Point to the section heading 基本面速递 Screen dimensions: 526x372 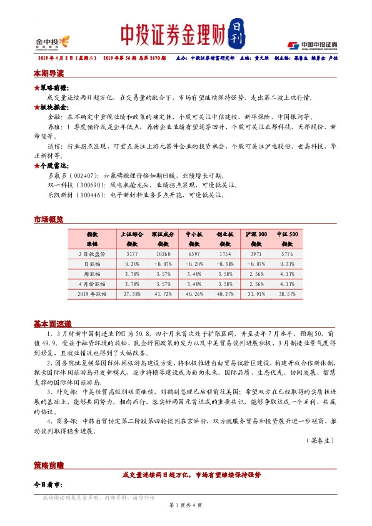[x=53, y=324]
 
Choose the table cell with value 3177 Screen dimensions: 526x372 [x=132, y=255]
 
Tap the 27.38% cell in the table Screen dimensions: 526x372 [x=132, y=293]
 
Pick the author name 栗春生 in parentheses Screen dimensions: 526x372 [x=323, y=440]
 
